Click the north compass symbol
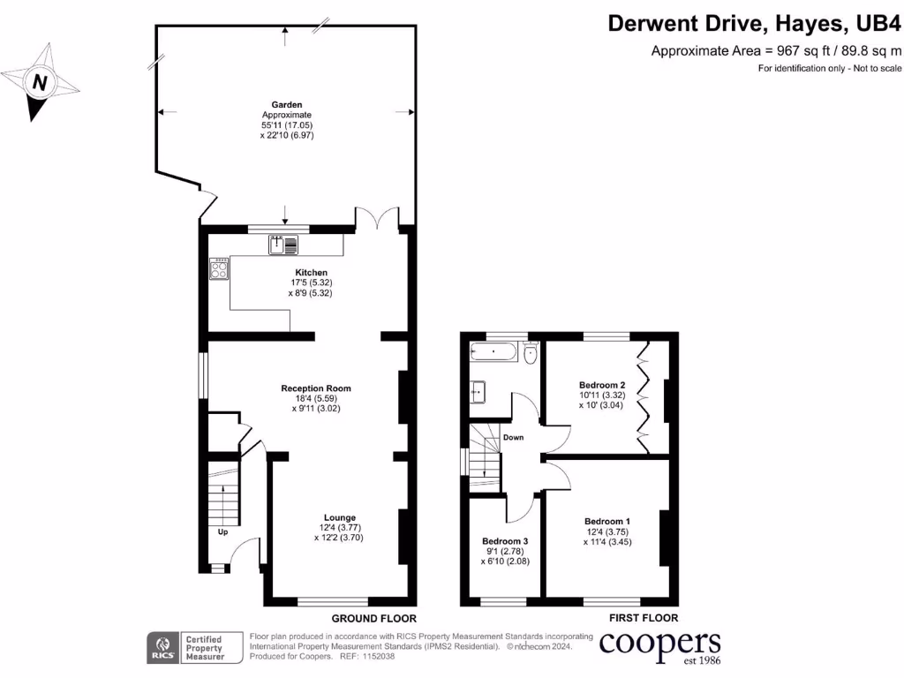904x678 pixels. [x=39, y=84]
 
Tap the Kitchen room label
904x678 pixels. [x=311, y=272]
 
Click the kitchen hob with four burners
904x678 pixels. [x=219, y=268]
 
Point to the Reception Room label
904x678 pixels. [x=316, y=388]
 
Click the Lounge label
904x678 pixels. [x=339, y=518]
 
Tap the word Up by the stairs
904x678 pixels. [x=222, y=532]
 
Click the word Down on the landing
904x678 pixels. [x=513, y=437]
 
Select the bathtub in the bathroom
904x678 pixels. [x=495, y=352]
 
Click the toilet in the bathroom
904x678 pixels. [x=531, y=354]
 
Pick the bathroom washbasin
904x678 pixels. [x=478, y=390]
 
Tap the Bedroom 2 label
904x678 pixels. [x=602, y=385]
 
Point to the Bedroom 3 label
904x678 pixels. [x=505, y=541]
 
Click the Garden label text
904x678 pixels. [x=287, y=104]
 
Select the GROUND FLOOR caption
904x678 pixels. [x=373, y=619]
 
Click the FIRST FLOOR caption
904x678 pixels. [x=643, y=619]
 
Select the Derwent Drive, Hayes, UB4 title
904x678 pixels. [x=755, y=22]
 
